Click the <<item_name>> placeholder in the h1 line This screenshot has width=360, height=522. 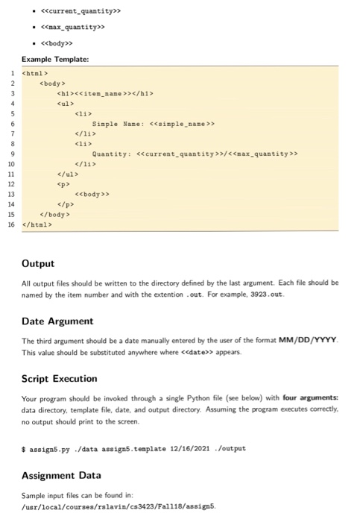(118, 93)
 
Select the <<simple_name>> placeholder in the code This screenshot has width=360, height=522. (182, 124)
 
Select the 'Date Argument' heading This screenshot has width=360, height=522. (58, 321)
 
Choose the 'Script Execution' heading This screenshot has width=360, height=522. (60, 378)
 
